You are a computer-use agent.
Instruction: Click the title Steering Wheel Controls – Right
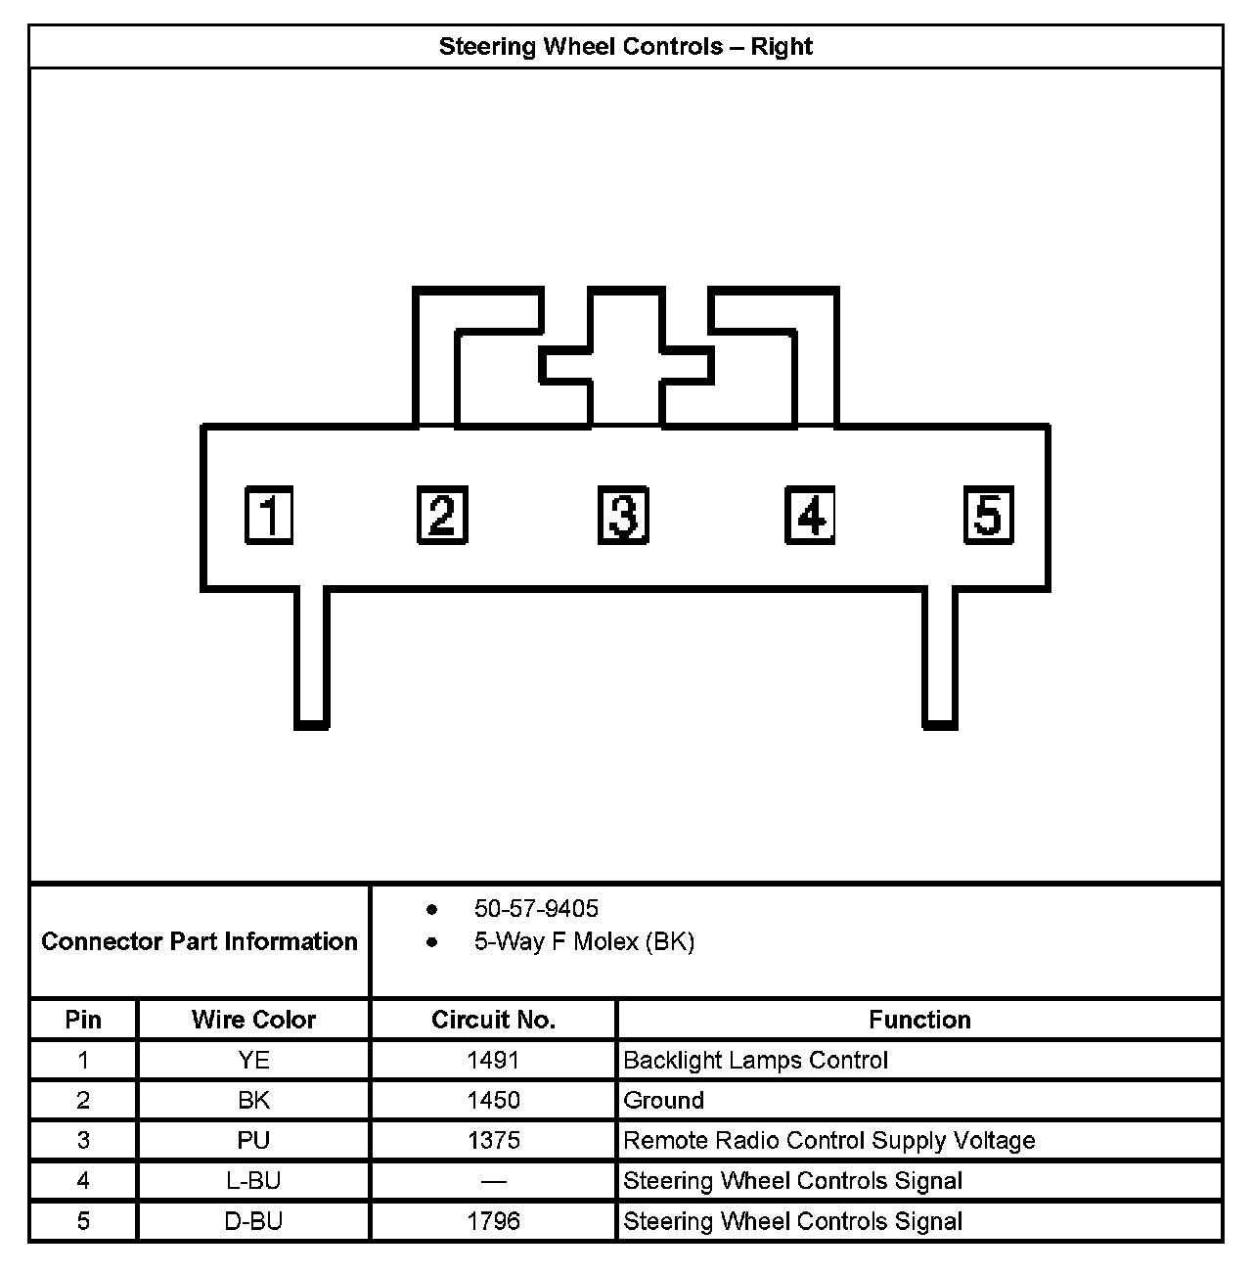(625, 47)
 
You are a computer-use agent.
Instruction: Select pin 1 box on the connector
(268, 515)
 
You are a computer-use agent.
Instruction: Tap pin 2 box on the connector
(442, 515)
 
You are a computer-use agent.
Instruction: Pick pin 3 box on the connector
(623, 515)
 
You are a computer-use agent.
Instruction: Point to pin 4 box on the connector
(810, 515)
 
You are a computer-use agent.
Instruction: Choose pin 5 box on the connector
(988, 515)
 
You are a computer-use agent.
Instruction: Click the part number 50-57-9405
(536, 909)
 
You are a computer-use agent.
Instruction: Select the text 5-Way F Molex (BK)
(584, 942)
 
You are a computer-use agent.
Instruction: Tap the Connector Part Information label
(200, 941)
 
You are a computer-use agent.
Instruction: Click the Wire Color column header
(253, 1020)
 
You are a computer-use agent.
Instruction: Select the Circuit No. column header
(493, 1020)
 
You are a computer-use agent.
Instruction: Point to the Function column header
(919, 1020)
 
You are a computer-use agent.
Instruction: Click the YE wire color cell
(253, 1060)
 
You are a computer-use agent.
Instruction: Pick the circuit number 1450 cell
(493, 1100)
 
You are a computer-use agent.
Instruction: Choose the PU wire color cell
(253, 1140)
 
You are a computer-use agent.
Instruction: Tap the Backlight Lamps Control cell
(755, 1060)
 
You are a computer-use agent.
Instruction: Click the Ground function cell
(663, 1100)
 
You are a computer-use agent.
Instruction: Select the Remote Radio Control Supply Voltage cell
(828, 1140)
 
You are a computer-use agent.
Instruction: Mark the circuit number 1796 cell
(493, 1221)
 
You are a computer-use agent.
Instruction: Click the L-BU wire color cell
(253, 1181)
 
